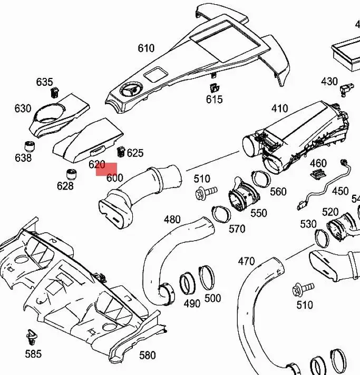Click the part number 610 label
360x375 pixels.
[146, 48]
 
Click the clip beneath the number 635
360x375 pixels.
[54, 93]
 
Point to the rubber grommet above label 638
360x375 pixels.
[31, 145]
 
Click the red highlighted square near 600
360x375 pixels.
[106, 169]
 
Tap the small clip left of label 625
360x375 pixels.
[120, 152]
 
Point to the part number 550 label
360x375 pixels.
[258, 213]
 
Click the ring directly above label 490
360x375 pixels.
[188, 284]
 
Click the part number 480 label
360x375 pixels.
[172, 220]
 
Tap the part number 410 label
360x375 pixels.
[279, 108]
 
